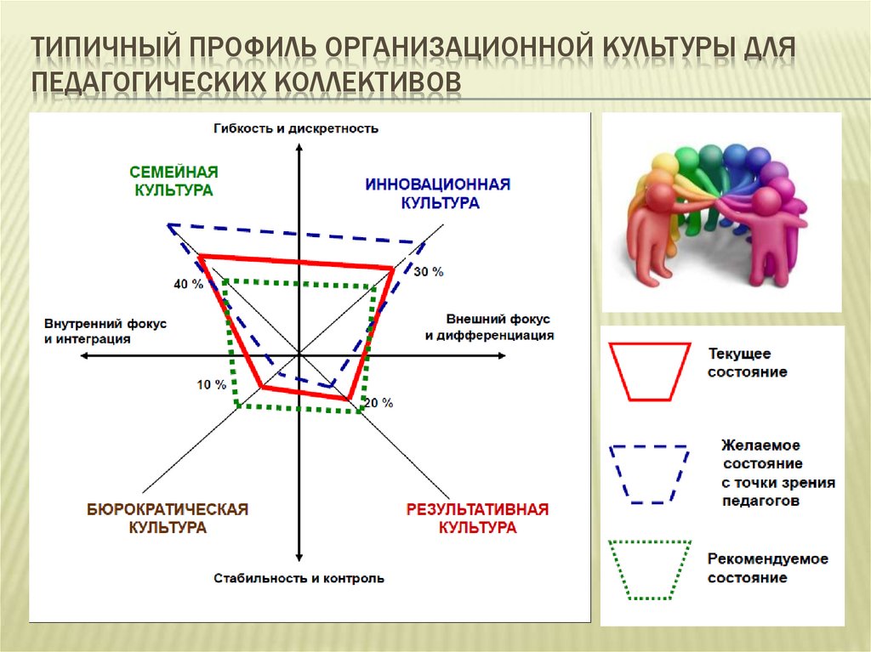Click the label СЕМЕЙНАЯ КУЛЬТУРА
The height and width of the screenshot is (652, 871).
click(174, 181)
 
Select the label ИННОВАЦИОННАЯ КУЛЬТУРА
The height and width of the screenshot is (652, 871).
click(438, 193)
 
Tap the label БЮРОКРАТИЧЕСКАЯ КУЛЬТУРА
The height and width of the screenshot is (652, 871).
click(167, 519)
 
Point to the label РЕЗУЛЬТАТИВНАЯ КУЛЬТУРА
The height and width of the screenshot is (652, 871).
click(477, 519)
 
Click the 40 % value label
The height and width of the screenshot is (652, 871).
click(188, 284)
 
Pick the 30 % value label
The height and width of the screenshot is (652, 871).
click(429, 272)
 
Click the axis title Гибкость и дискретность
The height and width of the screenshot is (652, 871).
click(296, 128)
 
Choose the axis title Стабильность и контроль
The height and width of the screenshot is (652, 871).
click(299, 579)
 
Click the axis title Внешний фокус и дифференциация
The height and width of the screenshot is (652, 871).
click(489, 326)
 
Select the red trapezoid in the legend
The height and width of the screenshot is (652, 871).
click(649, 371)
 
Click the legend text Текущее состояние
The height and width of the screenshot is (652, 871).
click(748, 362)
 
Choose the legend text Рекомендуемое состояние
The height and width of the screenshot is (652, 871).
click(767, 569)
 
